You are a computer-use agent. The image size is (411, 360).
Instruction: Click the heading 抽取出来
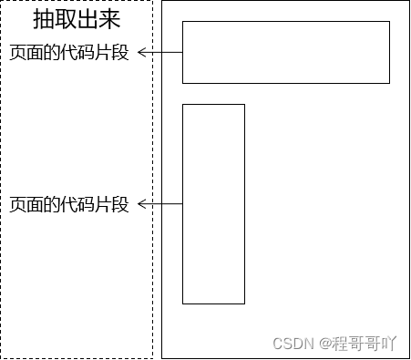click(x=77, y=21)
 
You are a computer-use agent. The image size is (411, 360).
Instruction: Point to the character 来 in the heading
click(x=110, y=21)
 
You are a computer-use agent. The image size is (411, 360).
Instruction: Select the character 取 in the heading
click(x=66, y=21)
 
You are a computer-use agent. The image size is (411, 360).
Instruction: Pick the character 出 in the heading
click(x=88, y=21)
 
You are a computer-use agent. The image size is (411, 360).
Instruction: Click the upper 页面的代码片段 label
click(x=69, y=53)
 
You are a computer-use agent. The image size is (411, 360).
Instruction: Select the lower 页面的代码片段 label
click(x=69, y=204)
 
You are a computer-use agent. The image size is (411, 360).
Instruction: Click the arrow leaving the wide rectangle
click(x=161, y=53)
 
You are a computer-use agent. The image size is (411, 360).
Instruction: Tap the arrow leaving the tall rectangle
click(x=161, y=204)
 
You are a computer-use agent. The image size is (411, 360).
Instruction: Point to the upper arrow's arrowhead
click(x=142, y=53)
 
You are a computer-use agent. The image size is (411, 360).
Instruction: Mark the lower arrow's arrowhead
click(x=142, y=204)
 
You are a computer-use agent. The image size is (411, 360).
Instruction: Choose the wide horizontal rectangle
click(x=286, y=52)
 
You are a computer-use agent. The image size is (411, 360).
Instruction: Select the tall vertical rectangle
click(x=213, y=203)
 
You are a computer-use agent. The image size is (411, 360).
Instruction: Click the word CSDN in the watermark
click(x=293, y=343)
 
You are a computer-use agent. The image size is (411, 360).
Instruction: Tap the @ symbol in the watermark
click(x=323, y=343)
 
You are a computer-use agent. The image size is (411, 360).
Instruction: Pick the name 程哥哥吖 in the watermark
click(x=364, y=343)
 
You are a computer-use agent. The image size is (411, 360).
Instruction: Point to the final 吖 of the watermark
click(x=389, y=343)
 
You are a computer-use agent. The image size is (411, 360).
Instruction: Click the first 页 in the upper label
click(x=18, y=53)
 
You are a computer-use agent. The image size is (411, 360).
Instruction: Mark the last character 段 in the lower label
click(x=120, y=204)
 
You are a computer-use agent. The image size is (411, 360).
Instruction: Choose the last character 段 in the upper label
click(x=120, y=53)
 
